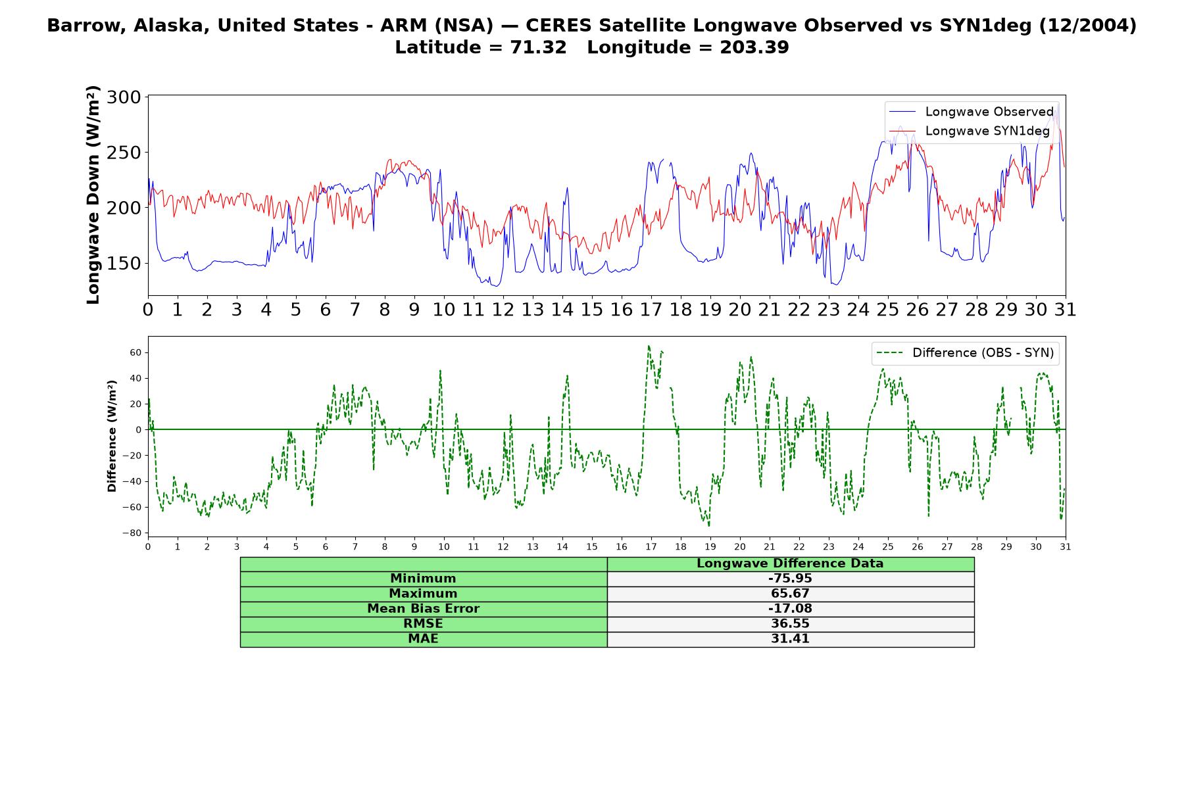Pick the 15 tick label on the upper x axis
click(592, 310)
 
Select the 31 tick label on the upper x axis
click(1065, 310)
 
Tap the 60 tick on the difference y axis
click(136, 352)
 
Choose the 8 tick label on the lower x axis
click(385, 546)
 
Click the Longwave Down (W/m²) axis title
click(93, 195)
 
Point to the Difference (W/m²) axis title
click(112, 436)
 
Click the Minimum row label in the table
click(423, 579)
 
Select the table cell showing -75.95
click(790, 579)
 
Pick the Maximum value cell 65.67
click(790, 594)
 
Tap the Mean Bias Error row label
click(423, 609)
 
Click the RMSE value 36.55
click(790, 624)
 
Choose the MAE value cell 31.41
click(790, 639)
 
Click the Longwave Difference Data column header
click(790, 563)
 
